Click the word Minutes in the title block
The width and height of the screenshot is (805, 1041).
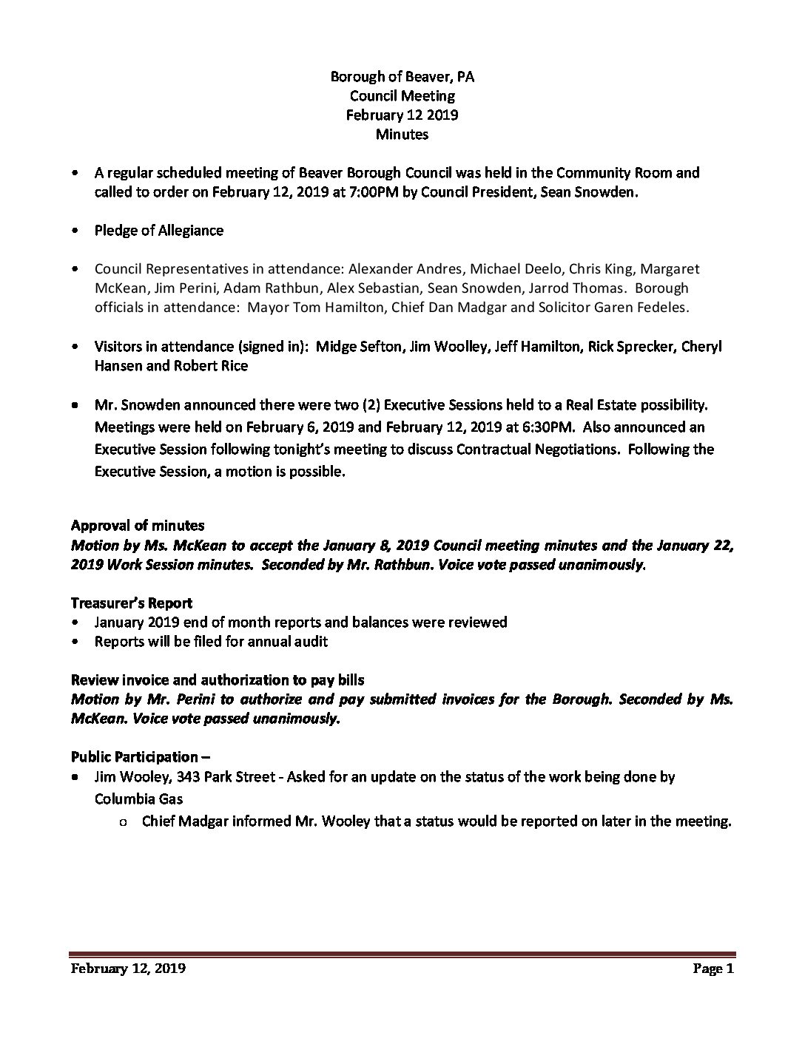tap(402, 134)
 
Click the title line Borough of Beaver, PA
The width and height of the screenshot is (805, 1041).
tap(402, 77)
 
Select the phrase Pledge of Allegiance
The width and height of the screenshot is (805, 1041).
tap(159, 230)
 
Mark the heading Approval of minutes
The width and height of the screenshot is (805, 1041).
tap(138, 526)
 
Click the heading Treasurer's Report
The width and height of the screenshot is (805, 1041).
tap(132, 603)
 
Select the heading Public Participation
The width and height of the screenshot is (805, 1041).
tap(135, 757)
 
